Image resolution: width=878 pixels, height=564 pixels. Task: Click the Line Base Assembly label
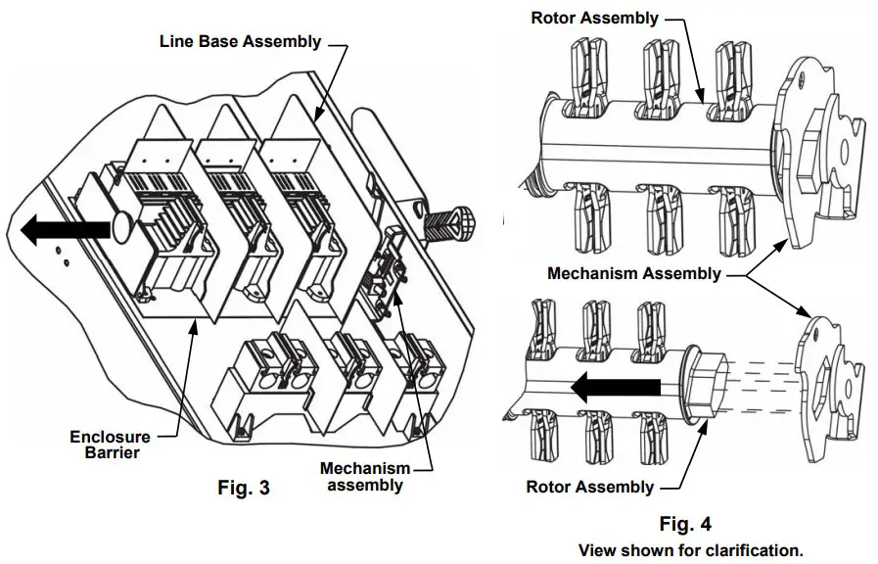240,42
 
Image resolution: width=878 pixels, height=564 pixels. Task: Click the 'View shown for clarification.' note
690,550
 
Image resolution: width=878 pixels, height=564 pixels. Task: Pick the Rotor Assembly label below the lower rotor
589,487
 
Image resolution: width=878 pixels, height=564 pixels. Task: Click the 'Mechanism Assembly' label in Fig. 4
633,273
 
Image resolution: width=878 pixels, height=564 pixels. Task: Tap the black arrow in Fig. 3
64,230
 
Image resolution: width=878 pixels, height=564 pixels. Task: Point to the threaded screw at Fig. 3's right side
451,220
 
